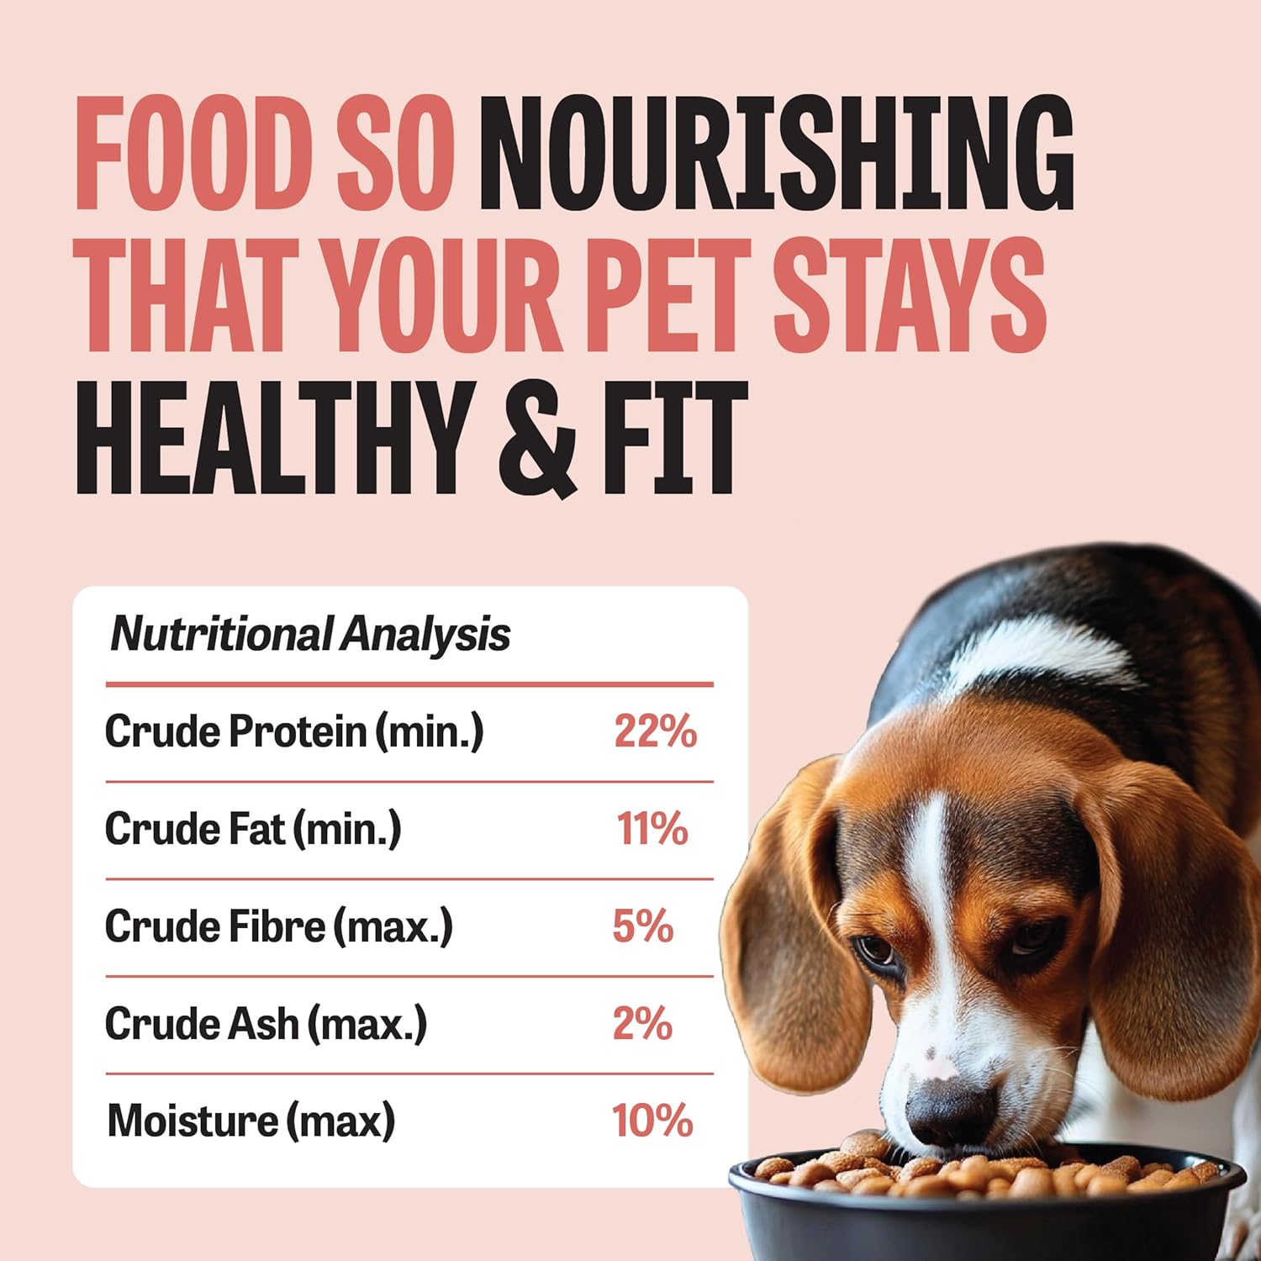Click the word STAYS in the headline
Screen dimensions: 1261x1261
point(910,293)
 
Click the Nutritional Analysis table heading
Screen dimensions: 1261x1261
point(310,634)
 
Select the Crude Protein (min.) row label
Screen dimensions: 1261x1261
point(294,731)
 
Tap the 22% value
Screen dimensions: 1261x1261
point(656,731)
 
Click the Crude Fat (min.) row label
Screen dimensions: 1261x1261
point(253,829)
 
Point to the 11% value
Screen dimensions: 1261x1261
point(653,829)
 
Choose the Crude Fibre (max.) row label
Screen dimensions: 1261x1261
point(279,926)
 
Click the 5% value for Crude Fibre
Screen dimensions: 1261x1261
point(643,926)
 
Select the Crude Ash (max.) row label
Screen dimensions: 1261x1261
point(266,1024)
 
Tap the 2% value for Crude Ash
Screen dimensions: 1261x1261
point(643,1024)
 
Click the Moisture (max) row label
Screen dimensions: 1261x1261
point(251,1121)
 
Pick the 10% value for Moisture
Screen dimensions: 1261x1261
point(652,1121)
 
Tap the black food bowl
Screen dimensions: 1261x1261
point(988,1211)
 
